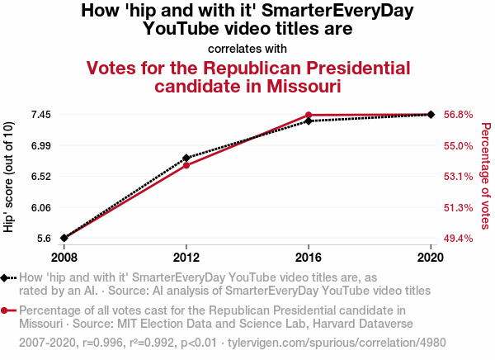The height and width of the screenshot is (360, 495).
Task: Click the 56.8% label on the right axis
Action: (458, 114)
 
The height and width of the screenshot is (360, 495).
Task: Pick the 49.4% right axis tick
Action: (458, 238)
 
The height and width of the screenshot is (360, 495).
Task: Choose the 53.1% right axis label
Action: (458, 176)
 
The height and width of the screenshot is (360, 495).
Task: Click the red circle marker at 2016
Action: (309, 115)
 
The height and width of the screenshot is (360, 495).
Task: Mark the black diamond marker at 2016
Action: (309, 121)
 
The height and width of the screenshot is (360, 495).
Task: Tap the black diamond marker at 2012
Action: (186, 158)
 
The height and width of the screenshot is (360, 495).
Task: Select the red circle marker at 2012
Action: (186, 165)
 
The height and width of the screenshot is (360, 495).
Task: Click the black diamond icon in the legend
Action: (6, 278)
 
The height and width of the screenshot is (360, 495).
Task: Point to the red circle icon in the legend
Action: (6, 310)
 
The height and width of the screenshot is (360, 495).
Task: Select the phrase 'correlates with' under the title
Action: (247, 48)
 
